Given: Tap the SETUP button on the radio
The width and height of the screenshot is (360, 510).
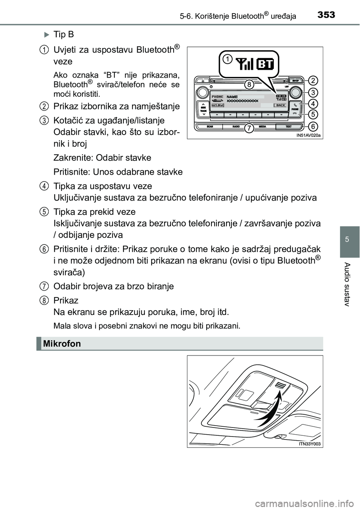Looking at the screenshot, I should coord(295,80).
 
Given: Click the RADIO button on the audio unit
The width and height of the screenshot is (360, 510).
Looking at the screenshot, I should coord(236,127).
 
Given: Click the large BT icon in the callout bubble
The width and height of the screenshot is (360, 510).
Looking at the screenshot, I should coord(265,64).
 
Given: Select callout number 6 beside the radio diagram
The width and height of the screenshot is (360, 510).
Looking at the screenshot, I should coord(313,126).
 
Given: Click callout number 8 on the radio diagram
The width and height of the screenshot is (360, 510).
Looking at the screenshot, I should coord(248,85).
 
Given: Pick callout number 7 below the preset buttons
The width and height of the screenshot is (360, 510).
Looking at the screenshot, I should coord(248,129).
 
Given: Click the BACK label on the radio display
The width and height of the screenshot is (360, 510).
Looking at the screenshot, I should coord(280,106).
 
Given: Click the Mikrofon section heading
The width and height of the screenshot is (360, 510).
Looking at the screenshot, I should coord(62,343).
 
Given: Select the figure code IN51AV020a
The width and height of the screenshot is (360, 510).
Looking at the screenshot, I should coord(309,135).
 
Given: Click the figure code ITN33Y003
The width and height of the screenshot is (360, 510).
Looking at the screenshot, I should coord(310,444).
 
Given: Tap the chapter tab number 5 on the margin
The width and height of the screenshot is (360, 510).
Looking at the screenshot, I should coord(349,239).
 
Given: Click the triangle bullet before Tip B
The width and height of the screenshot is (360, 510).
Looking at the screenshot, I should coord(46,35).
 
